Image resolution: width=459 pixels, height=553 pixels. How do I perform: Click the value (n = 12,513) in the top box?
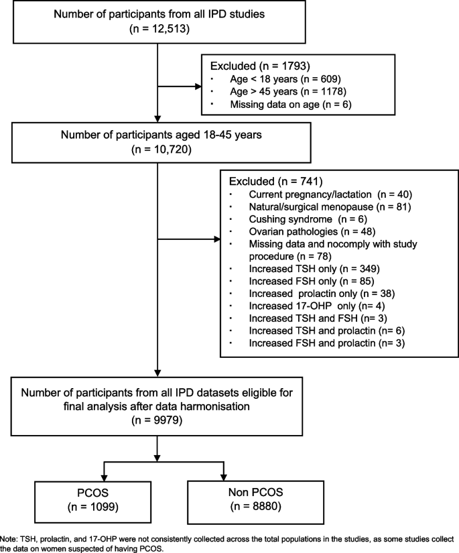(x=156, y=29)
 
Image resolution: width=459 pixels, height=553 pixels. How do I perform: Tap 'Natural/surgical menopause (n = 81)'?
(x=314, y=206)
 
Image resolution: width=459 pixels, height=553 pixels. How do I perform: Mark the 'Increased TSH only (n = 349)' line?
(x=298, y=269)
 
